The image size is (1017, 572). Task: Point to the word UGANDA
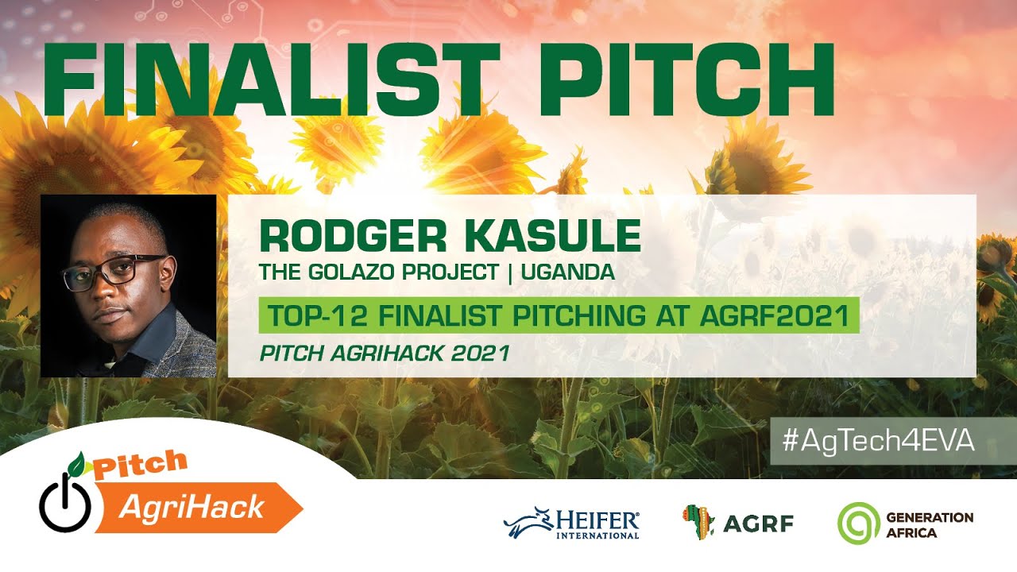(x=568, y=272)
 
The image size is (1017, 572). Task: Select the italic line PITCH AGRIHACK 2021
(x=385, y=354)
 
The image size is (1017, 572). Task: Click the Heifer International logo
(x=572, y=524)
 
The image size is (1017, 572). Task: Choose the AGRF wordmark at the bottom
(x=758, y=524)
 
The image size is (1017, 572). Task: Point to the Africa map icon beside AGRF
(x=698, y=522)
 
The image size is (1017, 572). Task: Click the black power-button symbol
(x=65, y=504)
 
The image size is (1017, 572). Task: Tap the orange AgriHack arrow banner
(x=199, y=507)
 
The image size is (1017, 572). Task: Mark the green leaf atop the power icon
(x=77, y=462)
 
